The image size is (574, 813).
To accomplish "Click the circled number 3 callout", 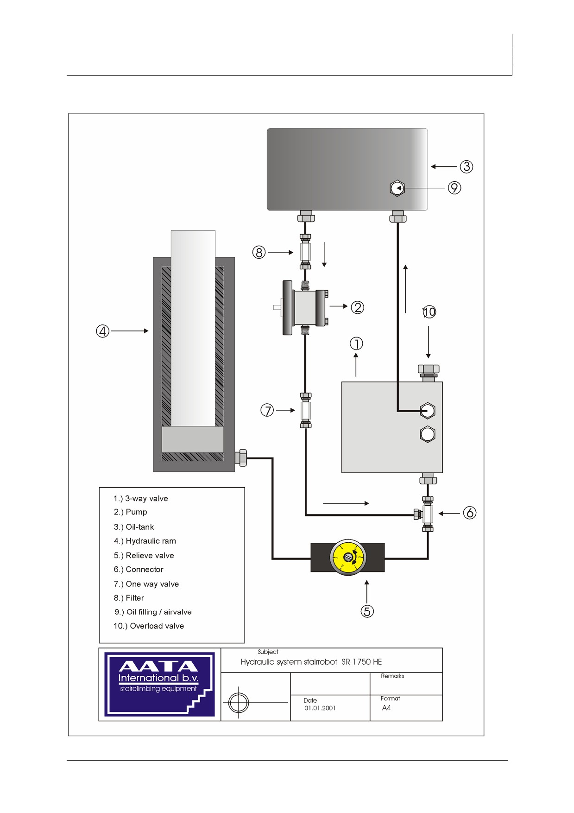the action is (x=466, y=167).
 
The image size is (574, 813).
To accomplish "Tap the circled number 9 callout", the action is (x=454, y=188).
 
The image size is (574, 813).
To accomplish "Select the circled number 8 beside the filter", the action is (x=259, y=253).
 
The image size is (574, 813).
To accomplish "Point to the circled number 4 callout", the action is (x=102, y=331).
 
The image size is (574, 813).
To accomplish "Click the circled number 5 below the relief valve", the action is (x=367, y=611).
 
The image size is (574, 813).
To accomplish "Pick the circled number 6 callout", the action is (x=470, y=513).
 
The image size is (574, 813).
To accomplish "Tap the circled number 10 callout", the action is (x=429, y=312).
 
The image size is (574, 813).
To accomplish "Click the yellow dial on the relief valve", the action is (x=348, y=557).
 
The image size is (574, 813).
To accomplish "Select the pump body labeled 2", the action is (x=305, y=307).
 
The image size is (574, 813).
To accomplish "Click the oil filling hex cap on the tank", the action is (x=397, y=188).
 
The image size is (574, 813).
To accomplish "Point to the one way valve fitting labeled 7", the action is (x=305, y=410).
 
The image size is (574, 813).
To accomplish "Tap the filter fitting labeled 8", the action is (x=305, y=252).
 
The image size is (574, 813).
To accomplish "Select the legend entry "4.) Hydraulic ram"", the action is (x=145, y=541).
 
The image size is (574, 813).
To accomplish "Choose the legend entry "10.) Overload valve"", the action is (x=149, y=626).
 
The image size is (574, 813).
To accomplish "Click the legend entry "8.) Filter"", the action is (x=129, y=598).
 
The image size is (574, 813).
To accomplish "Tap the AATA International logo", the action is (x=159, y=684).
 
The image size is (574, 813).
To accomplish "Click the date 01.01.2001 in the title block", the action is (x=320, y=708).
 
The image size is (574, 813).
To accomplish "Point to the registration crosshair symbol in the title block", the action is (x=239, y=703).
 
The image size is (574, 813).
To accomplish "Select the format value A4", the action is (x=386, y=708).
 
